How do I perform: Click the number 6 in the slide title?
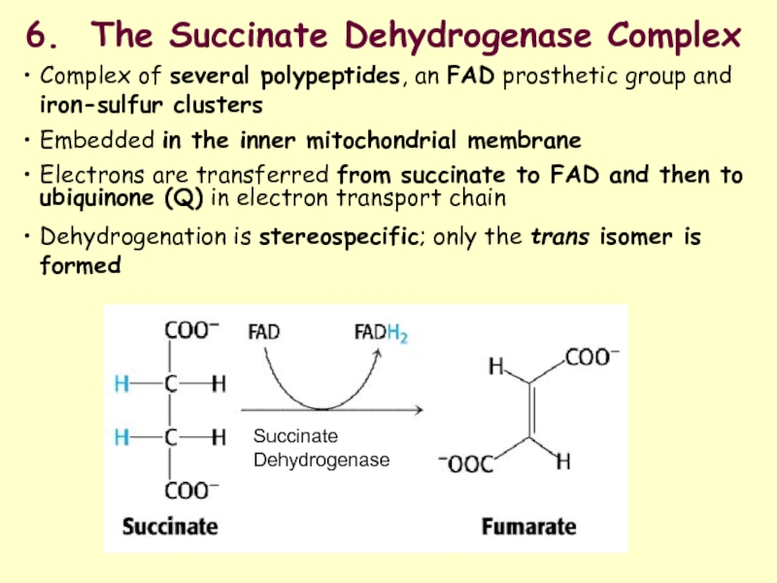coord(35,37)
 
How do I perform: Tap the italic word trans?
coord(556,238)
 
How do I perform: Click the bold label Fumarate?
coord(529,526)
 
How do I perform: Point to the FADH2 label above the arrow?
coord(380,333)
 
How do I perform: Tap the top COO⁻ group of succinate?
coord(193,330)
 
